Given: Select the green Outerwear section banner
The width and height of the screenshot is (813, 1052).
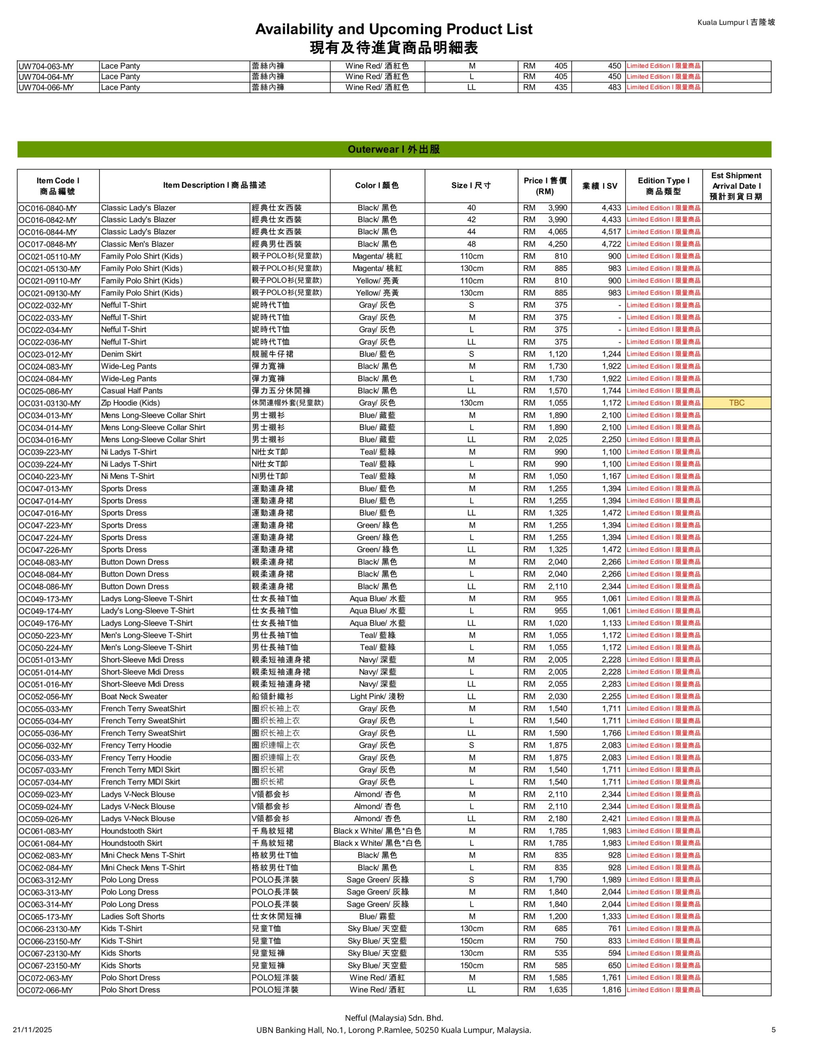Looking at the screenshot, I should click(x=394, y=149).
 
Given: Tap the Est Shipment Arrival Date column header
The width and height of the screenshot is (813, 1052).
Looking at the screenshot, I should click(x=737, y=186).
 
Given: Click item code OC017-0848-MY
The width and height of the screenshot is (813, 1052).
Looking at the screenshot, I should click(x=48, y=244).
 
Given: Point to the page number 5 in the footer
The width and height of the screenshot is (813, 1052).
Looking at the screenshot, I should click(x=774, y=1030).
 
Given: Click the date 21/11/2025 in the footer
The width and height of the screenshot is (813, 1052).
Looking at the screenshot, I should click(x=32, y=1030).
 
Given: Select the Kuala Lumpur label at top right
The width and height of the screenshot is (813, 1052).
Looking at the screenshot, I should click(x=736, y=22).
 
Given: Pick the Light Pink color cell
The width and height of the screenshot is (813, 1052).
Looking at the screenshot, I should click(x=377, y=697).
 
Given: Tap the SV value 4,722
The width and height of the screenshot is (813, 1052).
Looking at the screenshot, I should click(x=611, y=244).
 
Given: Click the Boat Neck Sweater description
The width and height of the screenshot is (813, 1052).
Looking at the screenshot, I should click(x=134, y=697).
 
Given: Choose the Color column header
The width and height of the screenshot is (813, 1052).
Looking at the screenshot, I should click(x=377, y=186).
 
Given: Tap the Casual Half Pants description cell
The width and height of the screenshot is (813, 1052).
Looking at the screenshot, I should click(x=132, y=391).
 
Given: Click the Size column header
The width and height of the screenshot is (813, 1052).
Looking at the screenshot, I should click(x=471, y=186).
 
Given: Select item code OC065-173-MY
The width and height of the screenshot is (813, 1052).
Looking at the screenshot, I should click(x=46, y=917).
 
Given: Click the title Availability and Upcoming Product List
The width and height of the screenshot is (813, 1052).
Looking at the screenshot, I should click(x=394, y=30).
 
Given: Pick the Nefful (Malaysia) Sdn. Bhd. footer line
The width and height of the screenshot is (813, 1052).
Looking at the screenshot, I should click(x=394, y=1018).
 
